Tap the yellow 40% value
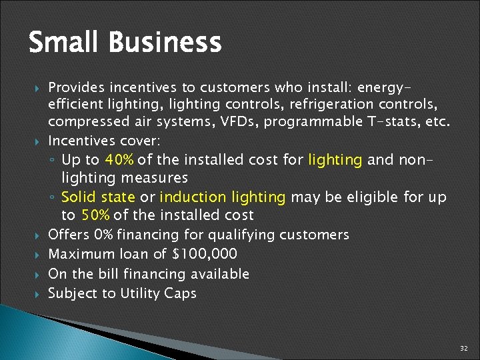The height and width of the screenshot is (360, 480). (119, 161)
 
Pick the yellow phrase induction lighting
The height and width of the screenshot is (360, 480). (222, 198)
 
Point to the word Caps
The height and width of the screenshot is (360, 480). (181, 293)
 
